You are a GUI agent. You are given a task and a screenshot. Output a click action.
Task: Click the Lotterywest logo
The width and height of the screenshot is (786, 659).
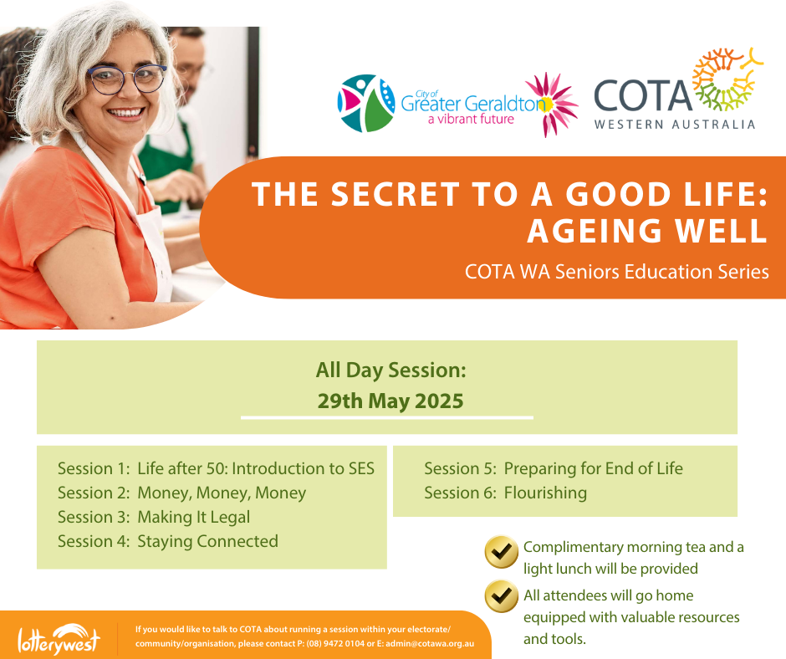click(59, 640)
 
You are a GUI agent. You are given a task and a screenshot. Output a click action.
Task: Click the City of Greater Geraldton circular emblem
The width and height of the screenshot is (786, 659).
click(366, 104)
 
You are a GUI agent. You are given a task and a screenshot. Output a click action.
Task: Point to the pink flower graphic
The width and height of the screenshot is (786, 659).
click(551, 105)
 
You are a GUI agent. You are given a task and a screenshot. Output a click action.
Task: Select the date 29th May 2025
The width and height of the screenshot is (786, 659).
click(390, 401)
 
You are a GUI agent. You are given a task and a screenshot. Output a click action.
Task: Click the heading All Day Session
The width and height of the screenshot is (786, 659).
click(391, 370)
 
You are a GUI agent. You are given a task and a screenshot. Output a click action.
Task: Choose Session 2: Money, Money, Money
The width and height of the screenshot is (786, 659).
click(182, 493)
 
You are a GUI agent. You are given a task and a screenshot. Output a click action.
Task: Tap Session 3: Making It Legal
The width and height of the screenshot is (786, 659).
click(154, 518)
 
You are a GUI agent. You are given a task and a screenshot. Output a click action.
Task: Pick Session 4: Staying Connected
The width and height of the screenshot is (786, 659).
click(168, 542)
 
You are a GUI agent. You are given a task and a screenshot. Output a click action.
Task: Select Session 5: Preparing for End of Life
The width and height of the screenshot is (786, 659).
click(554, 469)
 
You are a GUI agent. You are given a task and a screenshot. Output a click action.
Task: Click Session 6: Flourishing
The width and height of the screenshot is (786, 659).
click(505, 493)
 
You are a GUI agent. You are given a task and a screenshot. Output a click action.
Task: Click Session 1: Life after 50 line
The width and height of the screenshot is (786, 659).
click(216, 468)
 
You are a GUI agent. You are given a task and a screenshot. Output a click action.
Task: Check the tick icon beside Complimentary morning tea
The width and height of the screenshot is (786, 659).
click(501, 552)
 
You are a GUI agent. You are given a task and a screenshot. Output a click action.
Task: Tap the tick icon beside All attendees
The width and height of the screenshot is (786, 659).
click(501, 596)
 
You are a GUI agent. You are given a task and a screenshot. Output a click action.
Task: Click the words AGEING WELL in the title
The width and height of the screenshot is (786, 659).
click(647, 231)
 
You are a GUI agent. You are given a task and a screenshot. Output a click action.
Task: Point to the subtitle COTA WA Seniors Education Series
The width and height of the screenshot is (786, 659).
click(616, 272)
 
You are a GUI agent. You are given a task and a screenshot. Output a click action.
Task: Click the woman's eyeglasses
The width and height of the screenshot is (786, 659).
click(127, 79)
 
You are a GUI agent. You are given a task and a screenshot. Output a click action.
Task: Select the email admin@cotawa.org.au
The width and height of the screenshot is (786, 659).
click(430, 643)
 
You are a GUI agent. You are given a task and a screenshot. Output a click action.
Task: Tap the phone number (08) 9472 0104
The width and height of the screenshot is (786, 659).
click(335, 643)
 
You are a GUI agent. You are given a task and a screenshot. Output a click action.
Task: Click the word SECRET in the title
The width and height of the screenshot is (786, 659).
click(395, 194)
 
